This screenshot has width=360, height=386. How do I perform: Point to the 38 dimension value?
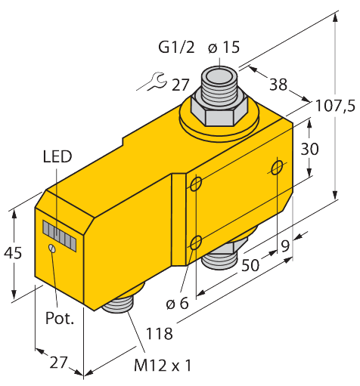[278, 85]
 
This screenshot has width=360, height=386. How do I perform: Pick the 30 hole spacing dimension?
[309, 149]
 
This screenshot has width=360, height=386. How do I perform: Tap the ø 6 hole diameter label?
[178, 304]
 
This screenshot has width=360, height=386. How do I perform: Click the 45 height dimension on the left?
[13, 252]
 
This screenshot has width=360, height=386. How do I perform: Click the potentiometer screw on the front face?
[52, 249]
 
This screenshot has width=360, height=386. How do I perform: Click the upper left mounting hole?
[197, 184]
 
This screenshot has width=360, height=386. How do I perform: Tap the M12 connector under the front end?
[119, 305]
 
